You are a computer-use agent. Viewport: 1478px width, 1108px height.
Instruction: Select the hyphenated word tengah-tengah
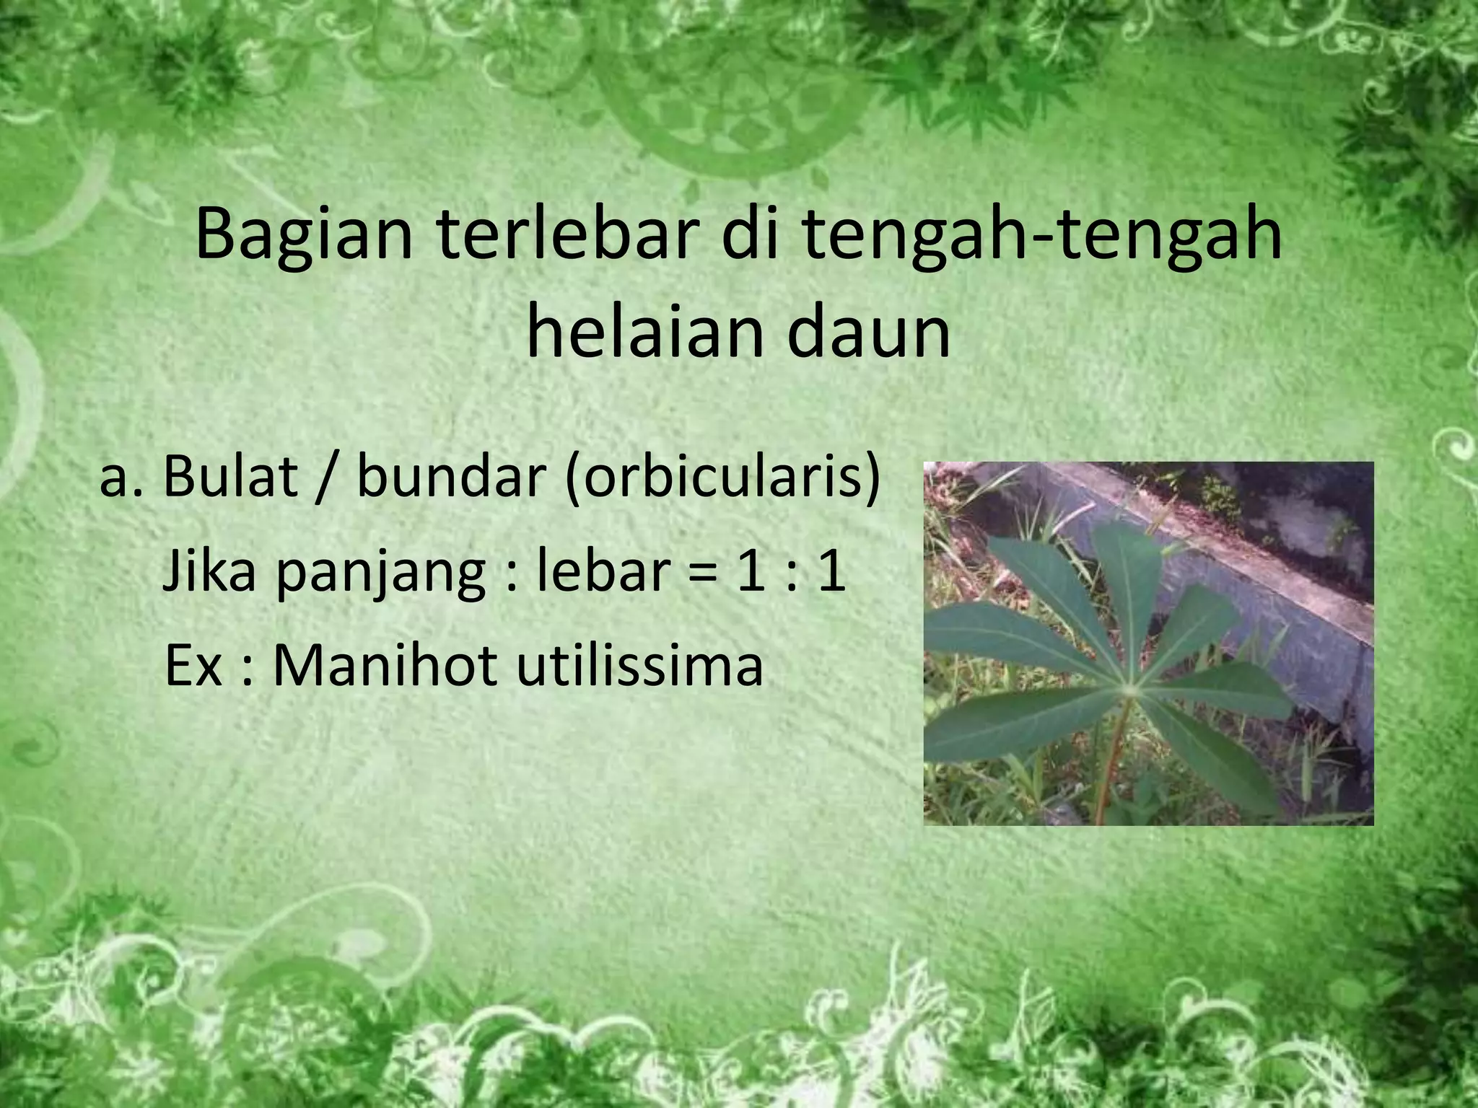(1039, 235)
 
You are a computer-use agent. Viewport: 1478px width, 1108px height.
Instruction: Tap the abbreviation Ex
(193, 665)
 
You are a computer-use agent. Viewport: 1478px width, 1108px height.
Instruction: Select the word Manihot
(385, 665)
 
